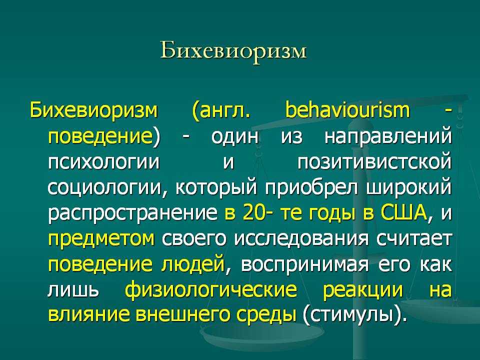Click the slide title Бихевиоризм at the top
tap(233, 51)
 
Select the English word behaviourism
tap(347, 110)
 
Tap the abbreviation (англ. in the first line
tap(221, 112)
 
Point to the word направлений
tap(388, 136)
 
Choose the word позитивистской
tap(374, 162)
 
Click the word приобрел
tap(311, 187)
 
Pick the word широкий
tap(409, 187)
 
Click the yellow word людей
tap(193, 264)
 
